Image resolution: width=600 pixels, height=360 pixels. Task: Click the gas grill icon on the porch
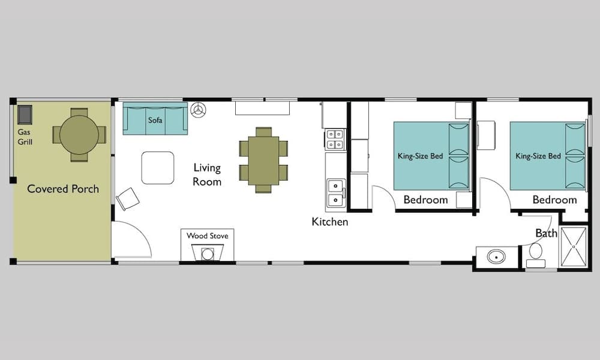click(25, 114)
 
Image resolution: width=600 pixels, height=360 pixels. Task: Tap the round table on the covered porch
click(79, 134)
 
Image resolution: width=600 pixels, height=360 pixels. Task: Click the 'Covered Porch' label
click(63, 189)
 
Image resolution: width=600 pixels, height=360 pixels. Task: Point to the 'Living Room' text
click(207, 175)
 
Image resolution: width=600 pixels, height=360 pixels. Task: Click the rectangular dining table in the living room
click(263, 160)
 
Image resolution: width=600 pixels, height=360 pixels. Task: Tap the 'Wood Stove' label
click(207, 236)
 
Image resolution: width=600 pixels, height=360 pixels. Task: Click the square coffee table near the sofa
click(158, 167)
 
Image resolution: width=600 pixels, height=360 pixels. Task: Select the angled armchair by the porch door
click(128, 199)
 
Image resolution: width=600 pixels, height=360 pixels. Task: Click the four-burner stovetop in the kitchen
click(335, 139)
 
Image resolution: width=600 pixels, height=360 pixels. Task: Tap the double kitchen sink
click(335, 192)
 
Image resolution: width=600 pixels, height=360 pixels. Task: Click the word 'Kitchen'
click(329, 222)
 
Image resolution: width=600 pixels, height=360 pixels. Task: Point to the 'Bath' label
click(546, 233)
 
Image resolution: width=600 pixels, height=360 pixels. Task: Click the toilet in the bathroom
click(535, 254)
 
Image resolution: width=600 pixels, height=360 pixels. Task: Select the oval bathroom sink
click(496, 257)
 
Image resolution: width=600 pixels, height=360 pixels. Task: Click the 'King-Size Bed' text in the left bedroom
click(420, 157)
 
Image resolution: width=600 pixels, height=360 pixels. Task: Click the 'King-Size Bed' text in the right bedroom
click(538, 157)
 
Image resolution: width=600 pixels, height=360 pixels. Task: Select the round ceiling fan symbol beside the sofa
click(199, 110)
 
